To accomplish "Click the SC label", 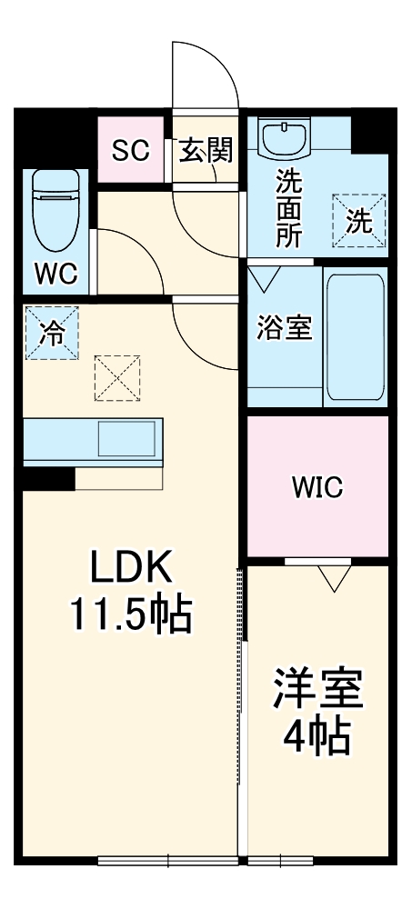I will coord(130,150).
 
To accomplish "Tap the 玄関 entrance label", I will coord(205,150).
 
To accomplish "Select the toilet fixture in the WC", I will coord(57,209).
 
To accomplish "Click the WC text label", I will coord(56,273).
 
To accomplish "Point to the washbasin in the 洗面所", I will coord(286,139).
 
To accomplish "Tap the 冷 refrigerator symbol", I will coord(52,334).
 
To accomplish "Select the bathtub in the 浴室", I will coord(355,336).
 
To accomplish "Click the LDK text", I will coord(129,570).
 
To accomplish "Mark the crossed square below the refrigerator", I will coord(118,377).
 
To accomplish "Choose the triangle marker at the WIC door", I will coord(335,576).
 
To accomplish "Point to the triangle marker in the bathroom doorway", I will coord(265,276).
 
